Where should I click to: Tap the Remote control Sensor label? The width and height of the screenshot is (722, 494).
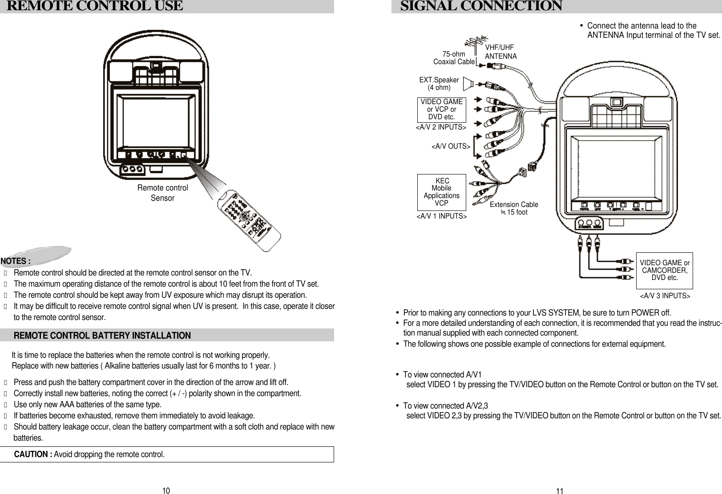tap(162, 193)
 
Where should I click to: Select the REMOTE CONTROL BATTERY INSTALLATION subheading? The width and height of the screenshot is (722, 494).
tap(102, 336)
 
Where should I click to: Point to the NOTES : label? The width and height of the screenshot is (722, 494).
tap(16, 261)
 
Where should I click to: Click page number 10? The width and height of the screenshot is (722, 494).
tap(165, 491)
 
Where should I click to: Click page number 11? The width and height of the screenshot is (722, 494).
tap(560, 491)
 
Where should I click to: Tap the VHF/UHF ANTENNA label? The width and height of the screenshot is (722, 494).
tap(500, 52)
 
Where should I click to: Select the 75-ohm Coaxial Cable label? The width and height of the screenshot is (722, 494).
tap(454, 58)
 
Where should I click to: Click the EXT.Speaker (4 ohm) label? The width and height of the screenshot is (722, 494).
tap(439, 84)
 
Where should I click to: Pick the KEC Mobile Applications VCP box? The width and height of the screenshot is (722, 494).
tap(441, 192)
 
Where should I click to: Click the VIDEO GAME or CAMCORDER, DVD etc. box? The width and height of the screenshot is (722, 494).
tap(665, 271)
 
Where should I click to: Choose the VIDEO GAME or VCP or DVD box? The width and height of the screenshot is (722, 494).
tap(441, 109)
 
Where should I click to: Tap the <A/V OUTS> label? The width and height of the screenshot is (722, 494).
tap(451, 146)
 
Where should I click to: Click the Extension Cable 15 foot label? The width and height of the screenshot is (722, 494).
tap(514, 208)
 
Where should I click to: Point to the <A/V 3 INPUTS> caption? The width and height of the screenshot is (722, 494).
tap(665, 296)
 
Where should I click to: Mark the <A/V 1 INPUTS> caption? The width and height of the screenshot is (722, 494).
tap(441, 217)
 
